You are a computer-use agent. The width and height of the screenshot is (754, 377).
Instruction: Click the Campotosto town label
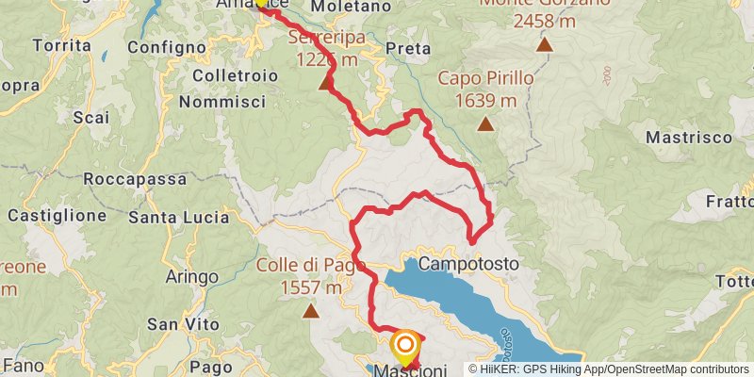[468, 265]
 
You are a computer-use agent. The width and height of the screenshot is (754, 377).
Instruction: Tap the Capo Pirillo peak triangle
[485, 123]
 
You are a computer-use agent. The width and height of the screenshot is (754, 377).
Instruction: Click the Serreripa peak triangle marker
[325, 84]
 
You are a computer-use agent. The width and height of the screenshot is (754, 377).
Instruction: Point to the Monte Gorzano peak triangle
[544, 43]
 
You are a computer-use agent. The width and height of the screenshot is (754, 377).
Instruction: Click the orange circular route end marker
[405, 346]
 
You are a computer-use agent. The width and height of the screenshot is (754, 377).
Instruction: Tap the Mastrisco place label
[689, 137]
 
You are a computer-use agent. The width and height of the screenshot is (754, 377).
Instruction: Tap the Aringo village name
[191, 276]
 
